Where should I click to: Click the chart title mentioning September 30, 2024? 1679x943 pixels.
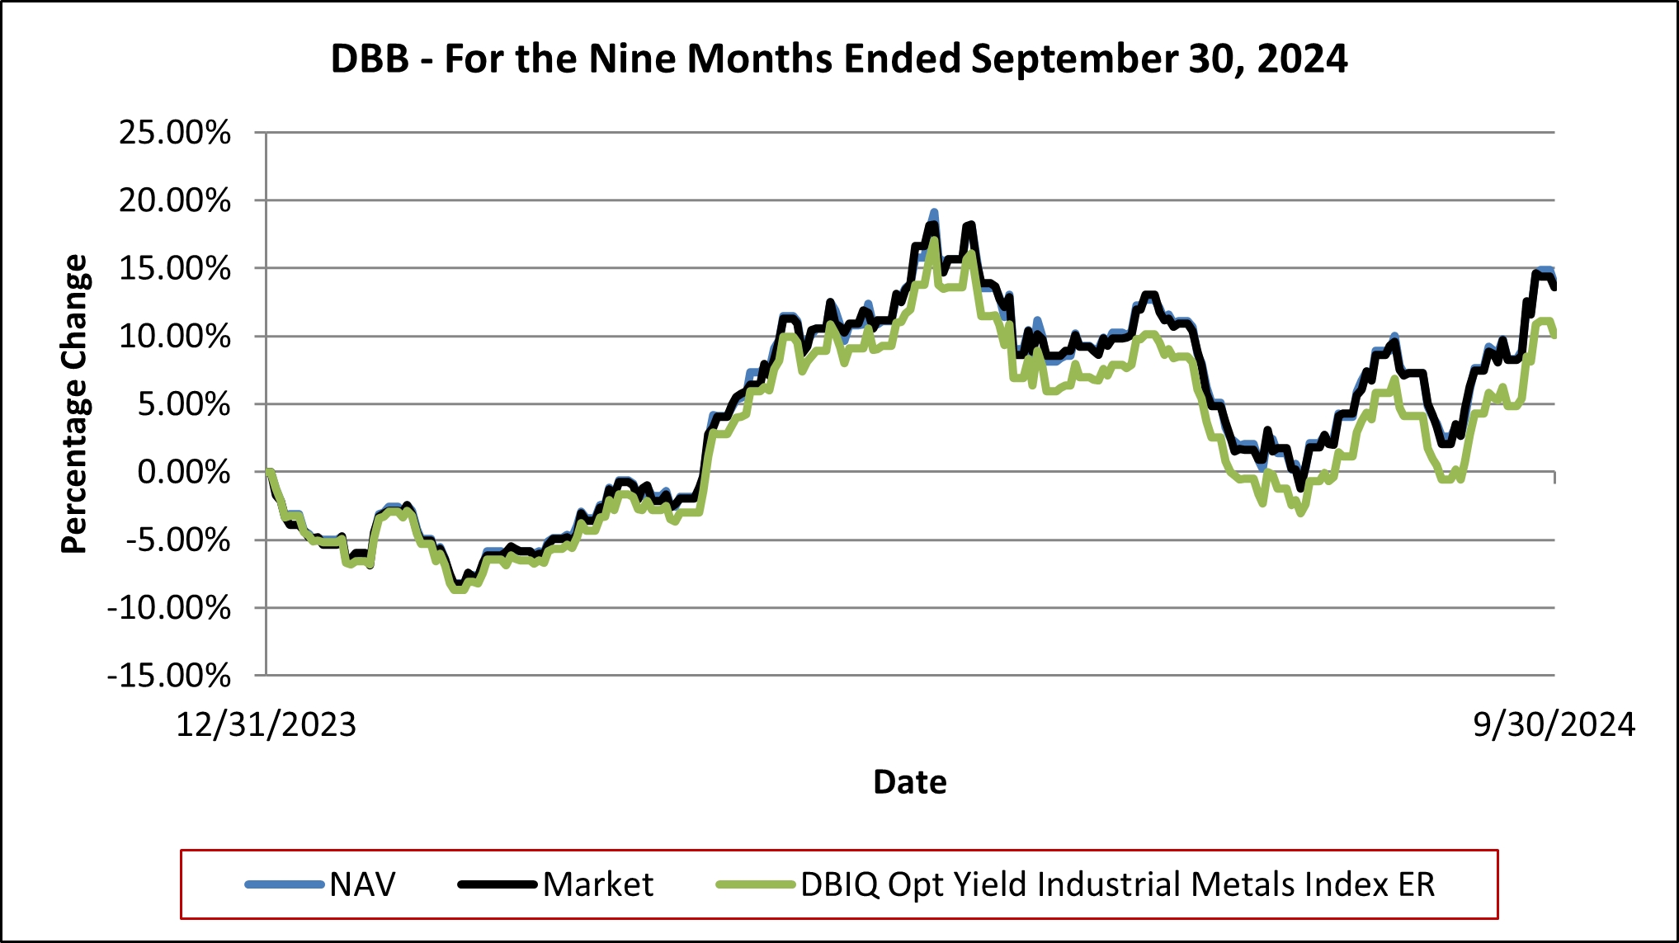[839, 59]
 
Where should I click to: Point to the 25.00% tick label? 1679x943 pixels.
[175, 132]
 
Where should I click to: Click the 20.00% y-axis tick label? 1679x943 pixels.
[175, 200]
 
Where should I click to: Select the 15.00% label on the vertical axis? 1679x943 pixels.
[175, 268]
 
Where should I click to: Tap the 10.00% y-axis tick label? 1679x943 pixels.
[175, 337]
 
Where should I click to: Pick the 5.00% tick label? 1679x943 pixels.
[183, 404]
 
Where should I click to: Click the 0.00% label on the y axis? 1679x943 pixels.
[183, 472]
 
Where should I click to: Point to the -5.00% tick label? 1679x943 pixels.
[177, 540]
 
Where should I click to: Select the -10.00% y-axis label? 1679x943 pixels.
[169, 608]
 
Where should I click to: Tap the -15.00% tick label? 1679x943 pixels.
[169, 676]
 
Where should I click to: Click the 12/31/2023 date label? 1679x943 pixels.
[266, 724]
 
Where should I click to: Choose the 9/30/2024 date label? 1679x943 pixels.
[1554, 724]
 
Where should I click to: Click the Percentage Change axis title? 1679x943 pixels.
[74, 403]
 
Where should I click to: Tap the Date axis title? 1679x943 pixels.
[910, 781]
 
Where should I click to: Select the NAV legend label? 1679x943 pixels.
[363, 884]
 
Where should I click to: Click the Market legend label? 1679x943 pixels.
[598, 884]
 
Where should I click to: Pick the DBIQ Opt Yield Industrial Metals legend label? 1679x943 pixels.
[1118, 884]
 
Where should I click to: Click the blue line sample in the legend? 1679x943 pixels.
[285, 884]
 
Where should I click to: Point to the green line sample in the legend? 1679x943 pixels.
[755, 884]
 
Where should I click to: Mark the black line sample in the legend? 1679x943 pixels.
[498, 884]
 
